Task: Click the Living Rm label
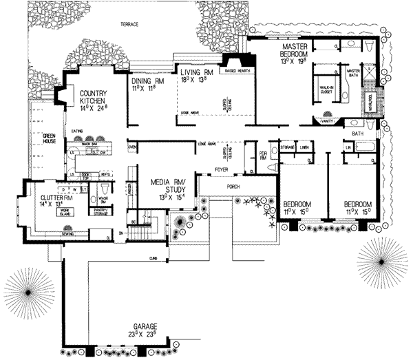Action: (194, 72)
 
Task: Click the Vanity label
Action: (327, 121)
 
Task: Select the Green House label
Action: (48, 138)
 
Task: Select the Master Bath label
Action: (353, 73)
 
